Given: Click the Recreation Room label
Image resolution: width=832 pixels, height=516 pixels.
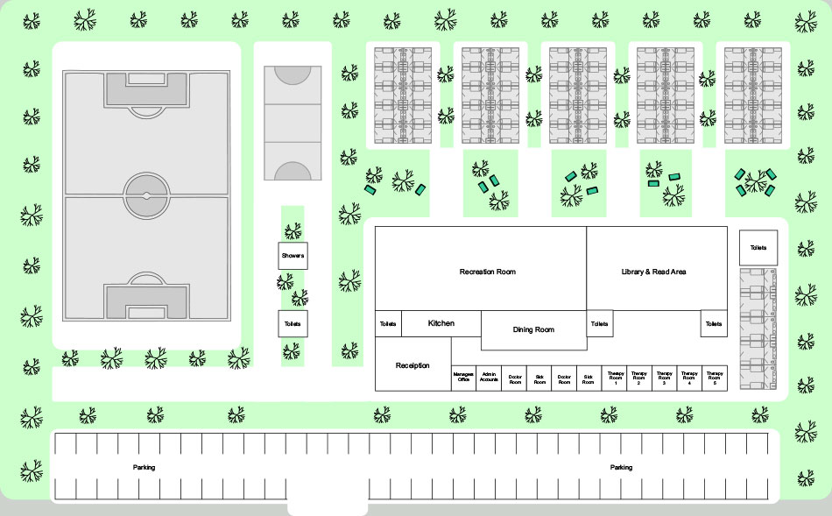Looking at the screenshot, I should click(x=488, y=272).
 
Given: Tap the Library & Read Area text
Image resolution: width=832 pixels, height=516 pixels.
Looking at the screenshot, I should click(x=653, y=272).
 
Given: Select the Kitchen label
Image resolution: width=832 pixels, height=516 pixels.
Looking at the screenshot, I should click(x=441, y=323).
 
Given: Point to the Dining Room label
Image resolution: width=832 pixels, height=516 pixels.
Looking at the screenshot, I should click(x=533, y=329).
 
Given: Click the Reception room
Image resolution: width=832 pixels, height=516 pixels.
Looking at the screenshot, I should click(x=412, y=364).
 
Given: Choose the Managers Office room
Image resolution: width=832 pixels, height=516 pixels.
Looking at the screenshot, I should click(x=463, y=378).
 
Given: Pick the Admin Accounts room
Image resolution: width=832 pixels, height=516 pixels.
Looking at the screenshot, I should click(x=489, y=378).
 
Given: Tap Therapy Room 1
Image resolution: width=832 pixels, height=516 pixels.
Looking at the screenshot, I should click(x=615, y=378).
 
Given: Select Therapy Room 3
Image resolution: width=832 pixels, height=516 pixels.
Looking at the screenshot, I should click(x=665, y=378).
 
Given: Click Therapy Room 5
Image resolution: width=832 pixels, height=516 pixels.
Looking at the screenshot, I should click(x=716, y=378).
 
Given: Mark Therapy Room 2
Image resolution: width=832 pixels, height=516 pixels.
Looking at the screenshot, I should click(x=639, y=378).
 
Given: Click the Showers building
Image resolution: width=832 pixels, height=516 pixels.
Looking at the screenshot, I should click(x=293, y=256).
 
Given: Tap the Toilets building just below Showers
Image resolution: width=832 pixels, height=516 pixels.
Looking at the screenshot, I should click(x=293, y=323).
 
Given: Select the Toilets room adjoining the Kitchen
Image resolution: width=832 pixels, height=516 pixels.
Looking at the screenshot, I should click(x=388, y=323).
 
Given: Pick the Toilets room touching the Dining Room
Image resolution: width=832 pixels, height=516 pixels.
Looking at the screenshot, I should click(x=599, y=323).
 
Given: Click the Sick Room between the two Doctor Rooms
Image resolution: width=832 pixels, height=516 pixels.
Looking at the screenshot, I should click(x=539, y=378).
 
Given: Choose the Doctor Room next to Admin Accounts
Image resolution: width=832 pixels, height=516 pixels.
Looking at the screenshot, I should click(x=514, y=378).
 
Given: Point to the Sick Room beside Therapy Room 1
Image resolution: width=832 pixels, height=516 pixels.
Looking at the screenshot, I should click(x=589, y=378).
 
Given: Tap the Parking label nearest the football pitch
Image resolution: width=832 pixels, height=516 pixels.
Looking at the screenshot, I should click(x=145, y=468).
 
